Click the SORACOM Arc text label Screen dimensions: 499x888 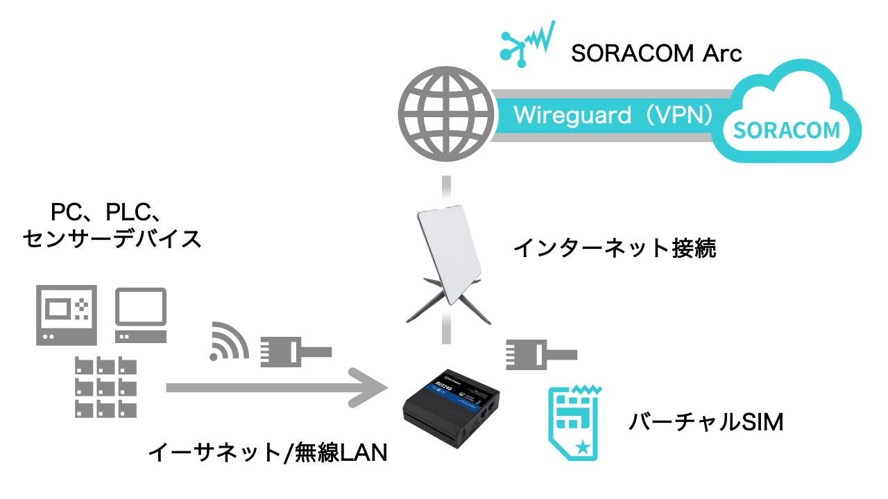(656, 54)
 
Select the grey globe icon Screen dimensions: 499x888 (444, 115)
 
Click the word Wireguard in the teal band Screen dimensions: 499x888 (563, 114)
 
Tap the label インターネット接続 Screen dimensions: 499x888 (615, 247)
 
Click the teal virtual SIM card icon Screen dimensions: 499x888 (575, 422)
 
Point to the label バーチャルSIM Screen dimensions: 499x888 (706, 421)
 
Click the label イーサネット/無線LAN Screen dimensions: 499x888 (268, 454)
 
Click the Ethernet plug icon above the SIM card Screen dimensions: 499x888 (540, 353)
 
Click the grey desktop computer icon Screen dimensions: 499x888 (141, 315)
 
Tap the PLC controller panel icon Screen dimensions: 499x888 (67, 315)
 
